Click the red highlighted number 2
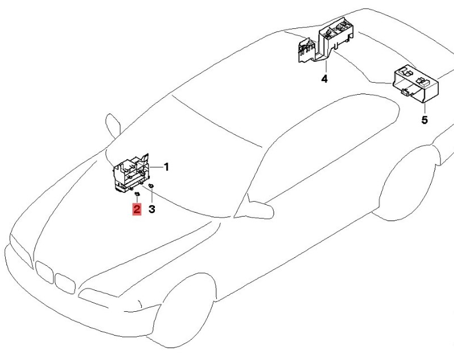(137, 209)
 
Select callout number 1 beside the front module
(166, 167)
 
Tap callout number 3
(152, 209)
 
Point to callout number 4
(325, 79)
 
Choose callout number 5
(424, 120)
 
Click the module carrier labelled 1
(131, 173)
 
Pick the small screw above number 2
(137, 193)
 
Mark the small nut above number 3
(151, 185)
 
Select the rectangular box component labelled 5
(415, 83)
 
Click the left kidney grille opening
(44, 272)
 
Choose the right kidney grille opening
(65, 283)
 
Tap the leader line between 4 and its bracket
(326, 66)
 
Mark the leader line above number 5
(424, 108)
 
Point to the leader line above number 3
(152, 196)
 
